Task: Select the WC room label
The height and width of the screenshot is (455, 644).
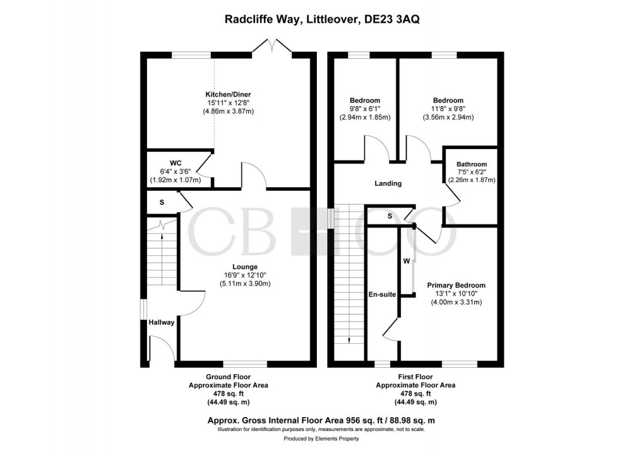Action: point(175,163)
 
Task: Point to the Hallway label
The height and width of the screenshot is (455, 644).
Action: point(162,322)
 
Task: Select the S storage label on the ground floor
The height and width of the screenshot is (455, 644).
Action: point(162,202)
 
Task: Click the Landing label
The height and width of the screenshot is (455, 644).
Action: point(388,183)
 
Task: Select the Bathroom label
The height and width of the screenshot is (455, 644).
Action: point(472,164)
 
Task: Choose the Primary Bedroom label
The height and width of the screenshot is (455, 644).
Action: point(456,285)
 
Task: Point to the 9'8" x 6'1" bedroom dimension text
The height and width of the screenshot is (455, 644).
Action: point(365,109)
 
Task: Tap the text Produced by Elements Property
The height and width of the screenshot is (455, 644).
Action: point(322,439)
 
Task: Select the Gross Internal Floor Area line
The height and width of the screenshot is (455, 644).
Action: point(322,420)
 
